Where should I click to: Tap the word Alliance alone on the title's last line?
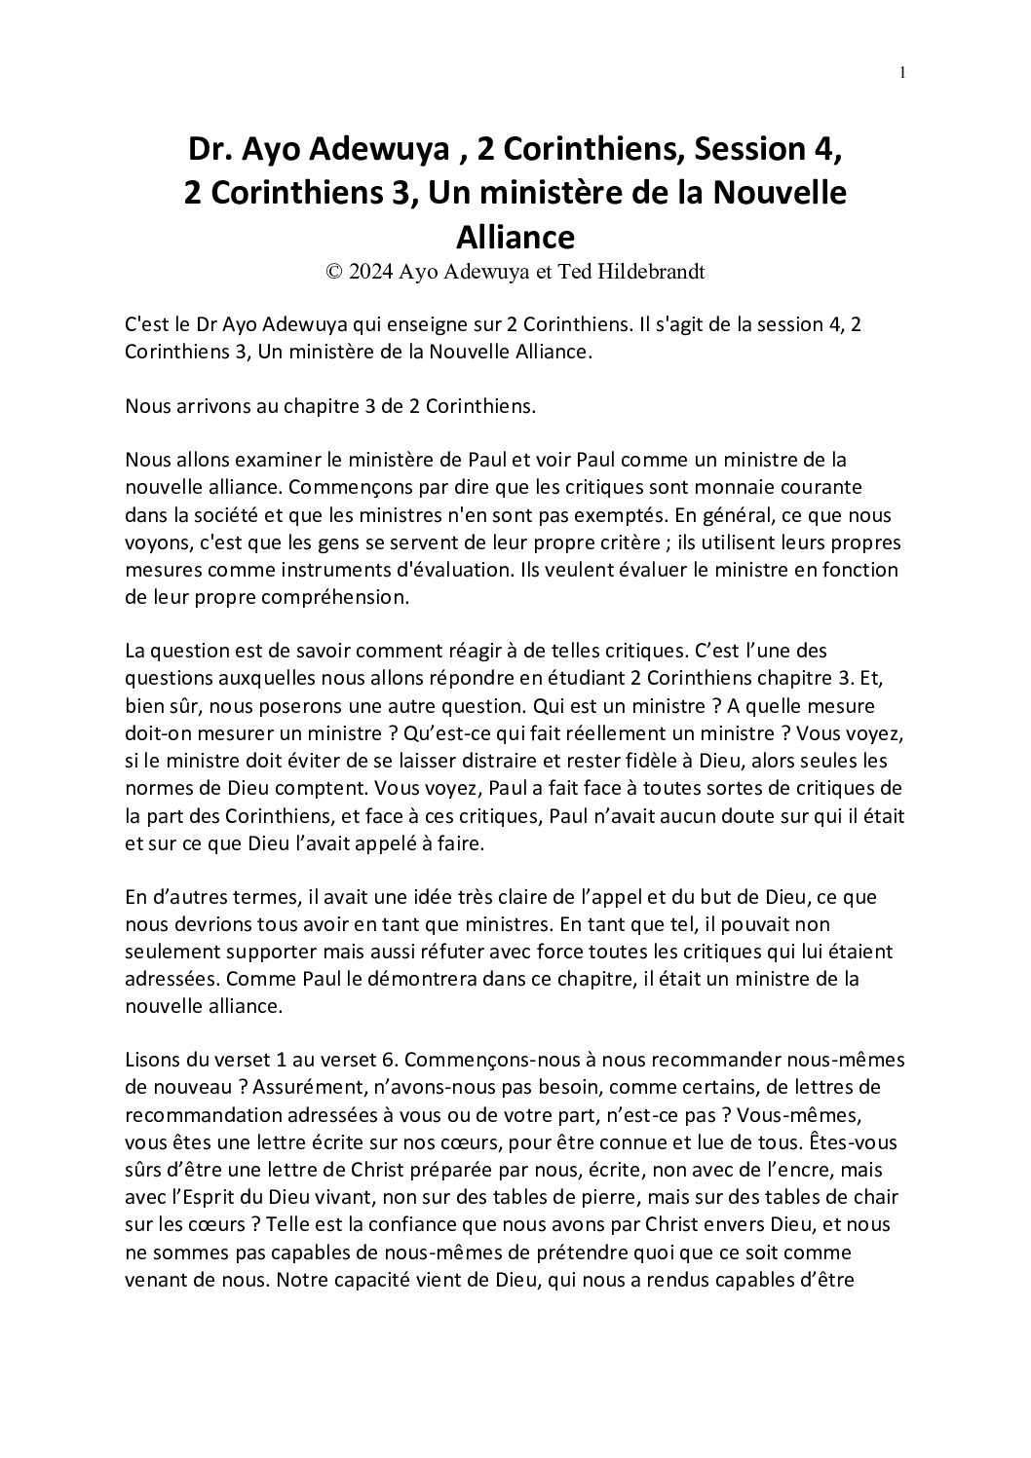pos(515,237)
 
